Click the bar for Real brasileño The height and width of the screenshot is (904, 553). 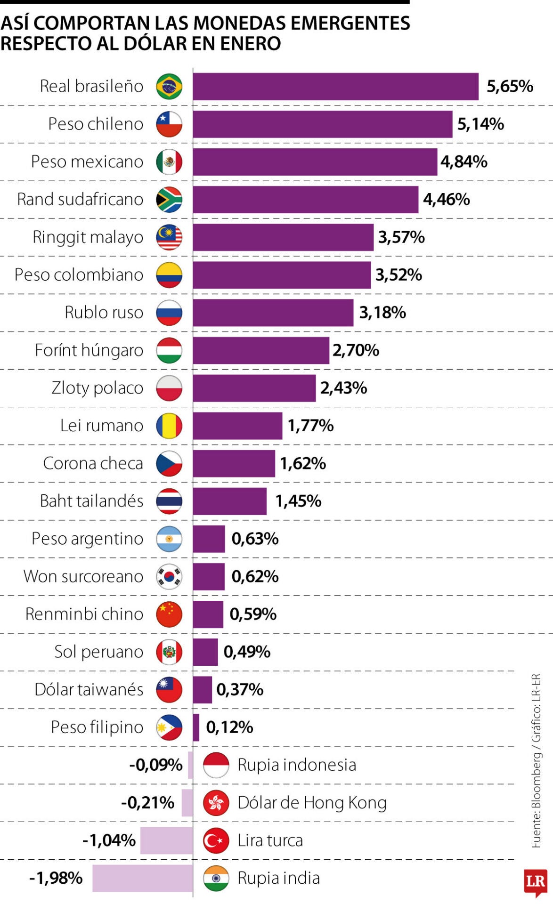click(335, 87)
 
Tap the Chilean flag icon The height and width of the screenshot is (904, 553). click(169, 124)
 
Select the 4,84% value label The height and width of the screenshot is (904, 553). click(464, 162)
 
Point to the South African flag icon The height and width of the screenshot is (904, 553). click(169, 200)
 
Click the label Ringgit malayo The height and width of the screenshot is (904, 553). click(88, 237)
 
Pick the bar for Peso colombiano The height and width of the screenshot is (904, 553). click(282, 275)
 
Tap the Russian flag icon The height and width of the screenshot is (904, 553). click(169, 313)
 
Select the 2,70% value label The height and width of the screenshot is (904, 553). click(356, 350)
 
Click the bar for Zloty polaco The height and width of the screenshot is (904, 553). click(254, 388)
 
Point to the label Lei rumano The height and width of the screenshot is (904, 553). click(101, 426)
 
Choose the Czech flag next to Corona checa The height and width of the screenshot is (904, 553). click(169, 463)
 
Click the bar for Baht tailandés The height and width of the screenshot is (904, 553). click(229, 501)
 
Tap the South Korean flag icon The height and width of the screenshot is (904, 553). click(169, 576)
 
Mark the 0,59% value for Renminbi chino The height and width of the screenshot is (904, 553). click(253, 614)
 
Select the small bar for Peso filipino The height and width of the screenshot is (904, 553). click(196, 727)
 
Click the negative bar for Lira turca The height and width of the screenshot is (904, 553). click(167, 840)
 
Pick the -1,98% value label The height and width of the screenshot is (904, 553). click(56, 878)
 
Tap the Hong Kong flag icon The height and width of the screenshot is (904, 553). click(216, 803)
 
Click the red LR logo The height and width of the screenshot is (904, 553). click(535, 881)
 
